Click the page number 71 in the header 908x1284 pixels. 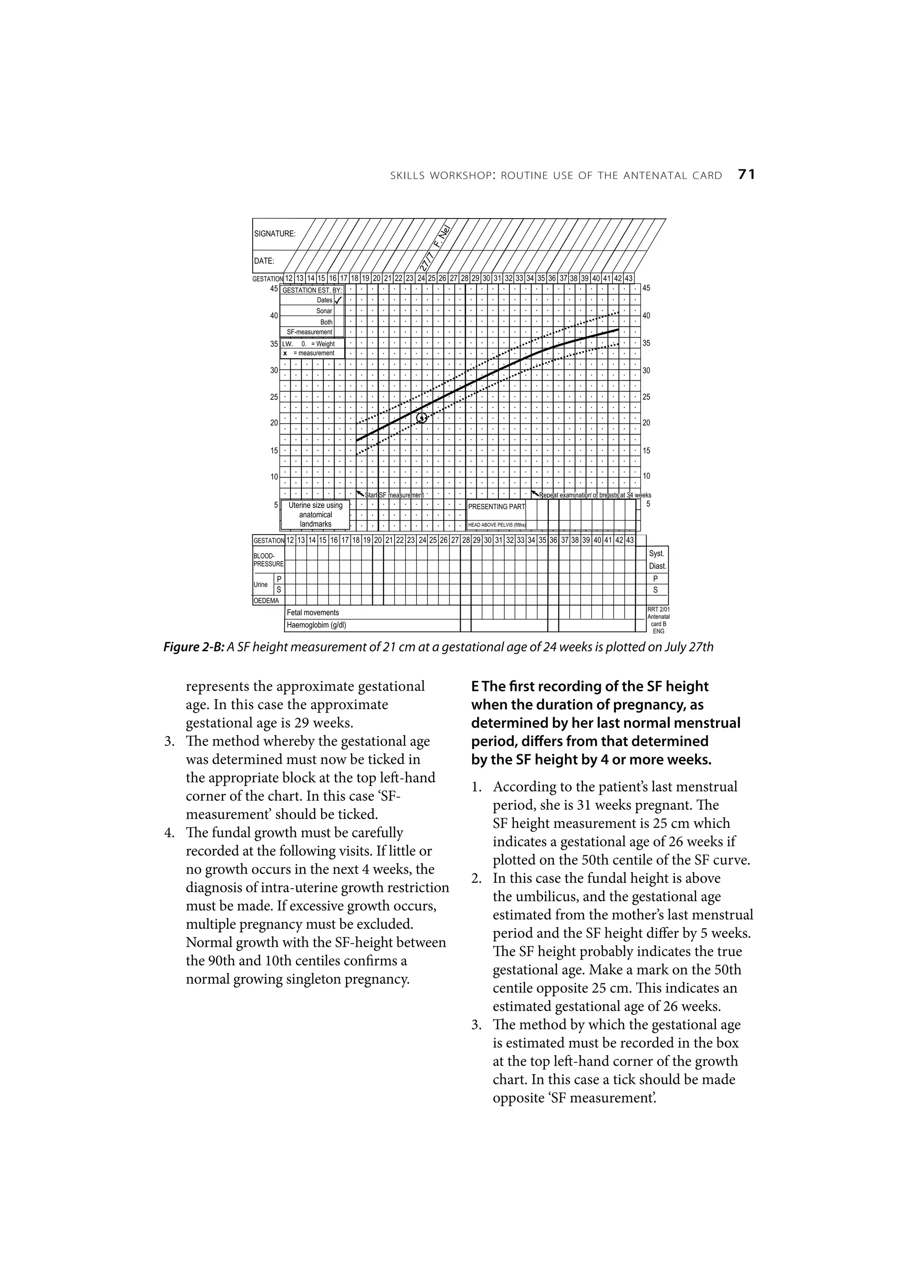pos(746,175)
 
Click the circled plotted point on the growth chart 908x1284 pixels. pos(423,417)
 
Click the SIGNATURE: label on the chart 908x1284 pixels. pos(275,234)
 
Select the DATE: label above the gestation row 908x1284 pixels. pos(264,261)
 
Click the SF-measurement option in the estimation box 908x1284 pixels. pos(309,332)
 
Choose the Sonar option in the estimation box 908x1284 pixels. pos(324,311)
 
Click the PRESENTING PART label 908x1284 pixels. pos(496,507)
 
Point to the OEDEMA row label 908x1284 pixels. pos(266,601)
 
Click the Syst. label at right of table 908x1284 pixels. pos(656,554)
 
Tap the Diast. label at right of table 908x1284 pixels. pos(658,566)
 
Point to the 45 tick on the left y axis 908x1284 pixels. pos(274,289)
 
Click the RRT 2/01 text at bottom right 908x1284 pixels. pos(658,611)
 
